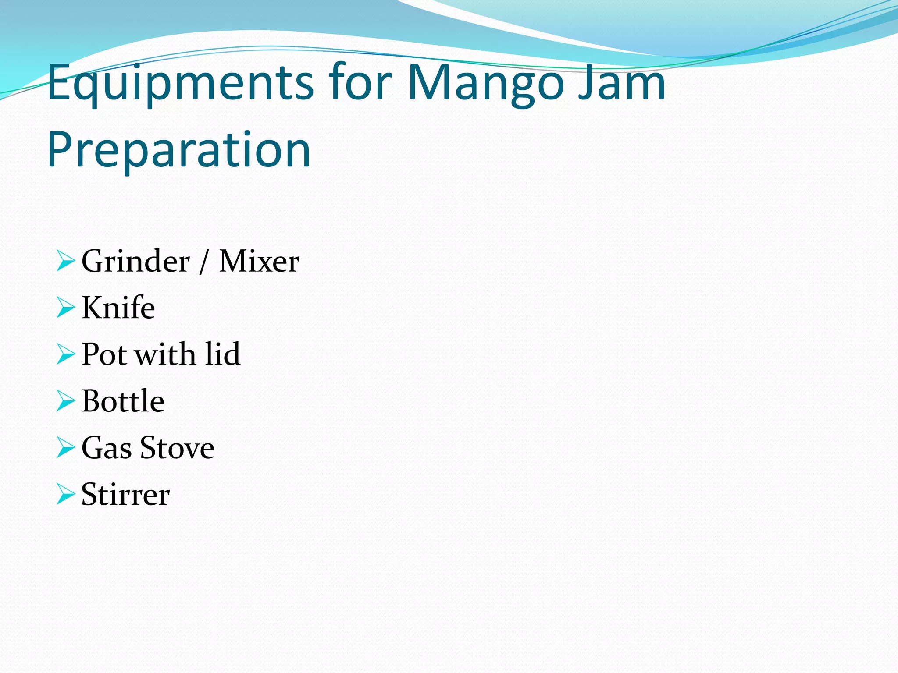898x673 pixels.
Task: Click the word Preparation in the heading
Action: [x=179, y=150]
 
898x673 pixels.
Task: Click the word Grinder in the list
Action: [x=135, y=261]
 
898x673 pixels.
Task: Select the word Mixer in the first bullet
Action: [x=259, y=261]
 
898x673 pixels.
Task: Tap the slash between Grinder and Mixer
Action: [x=203, y=262]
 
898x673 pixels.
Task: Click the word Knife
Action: [x=118, y=308]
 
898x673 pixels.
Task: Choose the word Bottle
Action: [x=123, y=400]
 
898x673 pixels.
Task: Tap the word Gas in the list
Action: [x=107, y=448]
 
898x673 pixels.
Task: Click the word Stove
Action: [x=177, y=448]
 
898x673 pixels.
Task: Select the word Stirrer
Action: [x=125, y=494]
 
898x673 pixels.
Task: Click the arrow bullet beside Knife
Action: [x=66, y=308]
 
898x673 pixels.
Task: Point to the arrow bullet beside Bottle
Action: [x=66, y=401]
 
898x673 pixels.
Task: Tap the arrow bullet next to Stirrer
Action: [x=66, y=494]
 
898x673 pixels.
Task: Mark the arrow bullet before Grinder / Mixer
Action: [x=66, y=261]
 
